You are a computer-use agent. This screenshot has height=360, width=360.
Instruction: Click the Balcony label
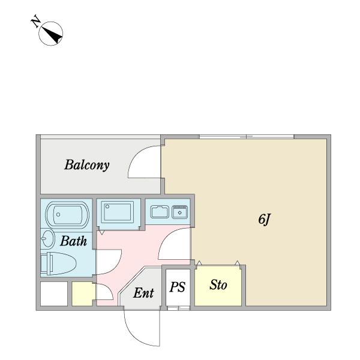point(87,165)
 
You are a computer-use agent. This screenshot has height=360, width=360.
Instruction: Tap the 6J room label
point(265,219)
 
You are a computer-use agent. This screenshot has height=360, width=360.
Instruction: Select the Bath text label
point(73,241)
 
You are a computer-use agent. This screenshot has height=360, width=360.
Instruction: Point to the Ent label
point(143,293)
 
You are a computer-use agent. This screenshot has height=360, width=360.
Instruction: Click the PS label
point(177,287)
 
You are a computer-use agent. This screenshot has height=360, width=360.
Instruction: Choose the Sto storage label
point(218,285)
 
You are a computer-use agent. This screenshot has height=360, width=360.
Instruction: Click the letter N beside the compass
point(35,22)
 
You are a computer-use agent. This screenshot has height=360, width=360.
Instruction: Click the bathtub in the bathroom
point(67,215)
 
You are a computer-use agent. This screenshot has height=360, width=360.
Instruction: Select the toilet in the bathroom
point(58,264)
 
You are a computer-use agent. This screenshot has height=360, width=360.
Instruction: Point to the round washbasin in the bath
point(48,239)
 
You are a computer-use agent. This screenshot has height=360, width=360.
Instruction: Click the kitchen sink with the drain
point(180,212)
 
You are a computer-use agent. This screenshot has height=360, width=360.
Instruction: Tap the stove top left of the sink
point(160,212)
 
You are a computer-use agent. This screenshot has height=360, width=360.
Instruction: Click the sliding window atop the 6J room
point(247,137)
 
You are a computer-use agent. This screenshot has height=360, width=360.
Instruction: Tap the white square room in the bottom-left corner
point(54,294)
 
